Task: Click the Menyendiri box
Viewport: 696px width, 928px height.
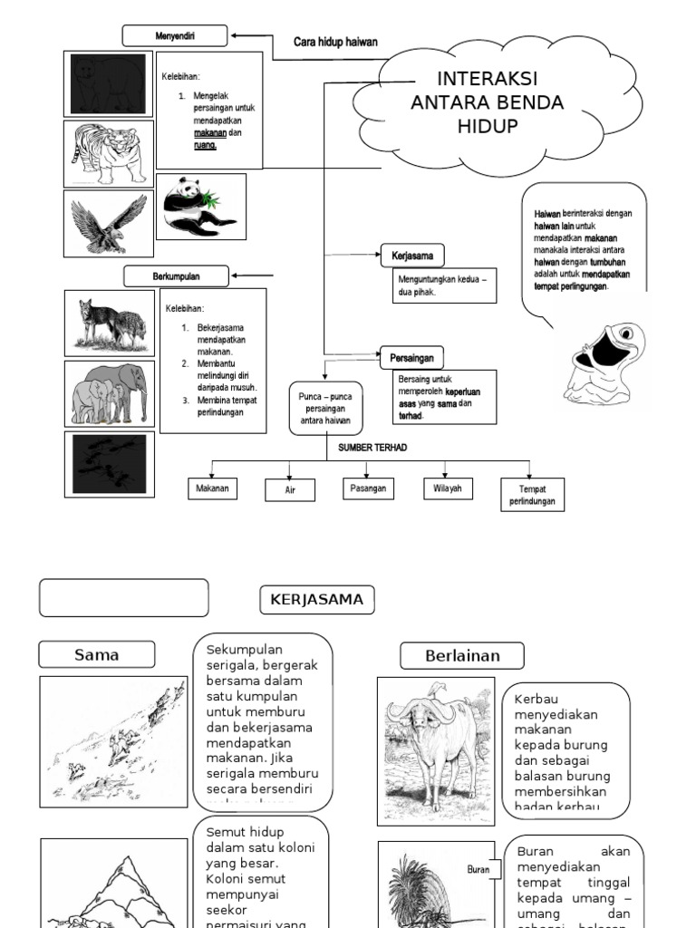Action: tap(174, 36)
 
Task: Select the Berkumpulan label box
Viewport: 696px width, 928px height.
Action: tap(176, 275)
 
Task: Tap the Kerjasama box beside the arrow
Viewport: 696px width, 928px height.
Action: tap(412, 256)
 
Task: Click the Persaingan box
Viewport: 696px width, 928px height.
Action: tap(412, 357)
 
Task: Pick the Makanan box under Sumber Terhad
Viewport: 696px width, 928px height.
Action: tap(212, 488)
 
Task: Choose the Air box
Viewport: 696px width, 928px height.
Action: tap(290, 490)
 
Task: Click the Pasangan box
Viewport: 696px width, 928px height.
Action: tap(368, 488)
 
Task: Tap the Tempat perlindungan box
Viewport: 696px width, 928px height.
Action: tap(532, 495)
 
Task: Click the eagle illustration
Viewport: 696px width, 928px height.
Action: tap(109, 223)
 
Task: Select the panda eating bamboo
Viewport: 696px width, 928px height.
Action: tap(200, 207)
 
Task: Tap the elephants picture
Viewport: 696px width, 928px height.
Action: tap(109, 394)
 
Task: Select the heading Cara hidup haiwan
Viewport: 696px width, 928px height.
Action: tap(335, 42)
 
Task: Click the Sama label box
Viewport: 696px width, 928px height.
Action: tap(97, 654)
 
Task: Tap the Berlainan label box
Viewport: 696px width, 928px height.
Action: tap(462, 655)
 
